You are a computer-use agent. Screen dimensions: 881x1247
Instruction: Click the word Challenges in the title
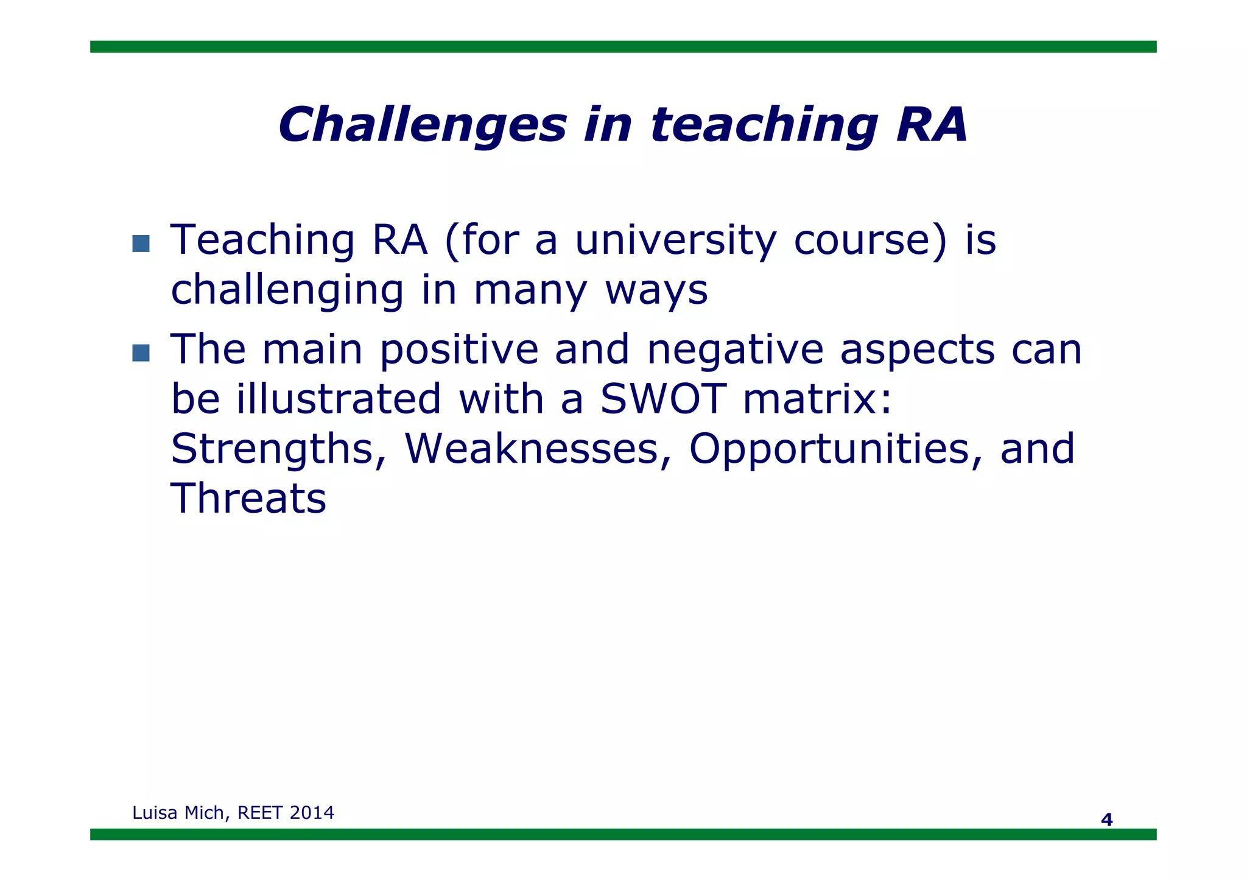tap(422, 125)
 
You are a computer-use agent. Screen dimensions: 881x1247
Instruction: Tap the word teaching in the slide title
tap(764, 125)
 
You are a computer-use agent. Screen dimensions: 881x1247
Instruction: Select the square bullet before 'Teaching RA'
tap(141, 244)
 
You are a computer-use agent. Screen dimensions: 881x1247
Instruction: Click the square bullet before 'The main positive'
tap(141, 353)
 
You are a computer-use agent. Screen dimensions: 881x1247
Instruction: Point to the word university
tap(675, 240)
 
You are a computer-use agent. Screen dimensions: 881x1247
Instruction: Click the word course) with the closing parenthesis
tap(871, 240)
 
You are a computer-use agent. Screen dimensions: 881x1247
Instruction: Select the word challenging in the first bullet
tap(287, 290)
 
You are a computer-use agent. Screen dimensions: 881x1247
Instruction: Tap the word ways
tap(656, 290)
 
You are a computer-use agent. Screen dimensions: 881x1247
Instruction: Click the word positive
tap(459, 350)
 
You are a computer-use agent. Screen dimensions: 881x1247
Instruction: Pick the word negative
tap(735, 350)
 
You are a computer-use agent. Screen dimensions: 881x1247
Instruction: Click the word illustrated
tap(339, 399)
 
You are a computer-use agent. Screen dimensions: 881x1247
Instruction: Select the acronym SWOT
tap(663, 399)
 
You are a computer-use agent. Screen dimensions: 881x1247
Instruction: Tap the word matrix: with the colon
tap(818, 399)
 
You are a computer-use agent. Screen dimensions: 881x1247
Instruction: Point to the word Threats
tap(248, 499)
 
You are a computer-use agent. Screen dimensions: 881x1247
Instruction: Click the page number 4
tap(1106, 820)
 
